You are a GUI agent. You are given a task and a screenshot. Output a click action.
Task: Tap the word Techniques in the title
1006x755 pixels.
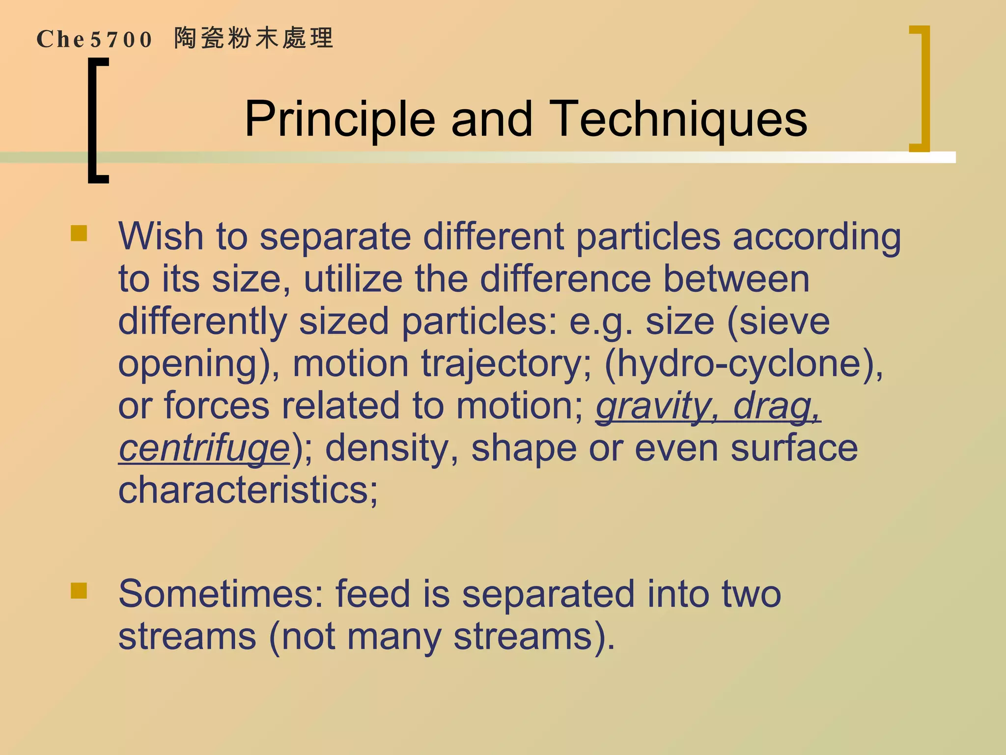(678, 119)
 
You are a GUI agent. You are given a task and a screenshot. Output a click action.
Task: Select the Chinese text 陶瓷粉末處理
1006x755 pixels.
(254, 38)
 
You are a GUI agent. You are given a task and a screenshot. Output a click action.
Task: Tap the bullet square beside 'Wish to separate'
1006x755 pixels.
(79, 233)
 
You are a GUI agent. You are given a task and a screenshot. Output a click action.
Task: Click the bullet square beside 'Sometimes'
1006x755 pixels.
(79, 591)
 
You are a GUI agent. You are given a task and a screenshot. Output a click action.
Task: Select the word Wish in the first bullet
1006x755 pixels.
(161, 236)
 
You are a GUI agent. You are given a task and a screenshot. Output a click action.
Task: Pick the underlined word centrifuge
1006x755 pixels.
(204, 449)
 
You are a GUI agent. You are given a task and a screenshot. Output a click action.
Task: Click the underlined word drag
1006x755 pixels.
(776, 407)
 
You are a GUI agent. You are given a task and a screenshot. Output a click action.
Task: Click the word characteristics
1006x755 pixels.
(248, 490)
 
